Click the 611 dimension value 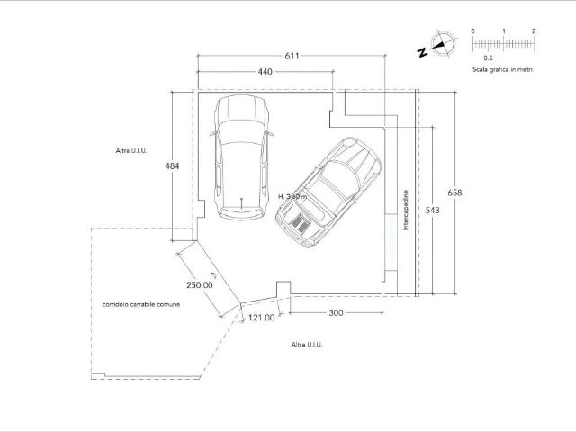(x=292, y=56)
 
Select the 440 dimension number (x=265, y=72)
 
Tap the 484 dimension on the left (x=172, y=166)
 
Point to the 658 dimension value (x=454, y=193)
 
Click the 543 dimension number (x=432, y=210)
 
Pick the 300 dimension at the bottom (x=336, y=312)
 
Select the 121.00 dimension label (x=261, y=318)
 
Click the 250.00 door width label (x=200, y=285)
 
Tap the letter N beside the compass (x=423, y=52)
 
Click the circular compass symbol (x=444, y=44)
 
